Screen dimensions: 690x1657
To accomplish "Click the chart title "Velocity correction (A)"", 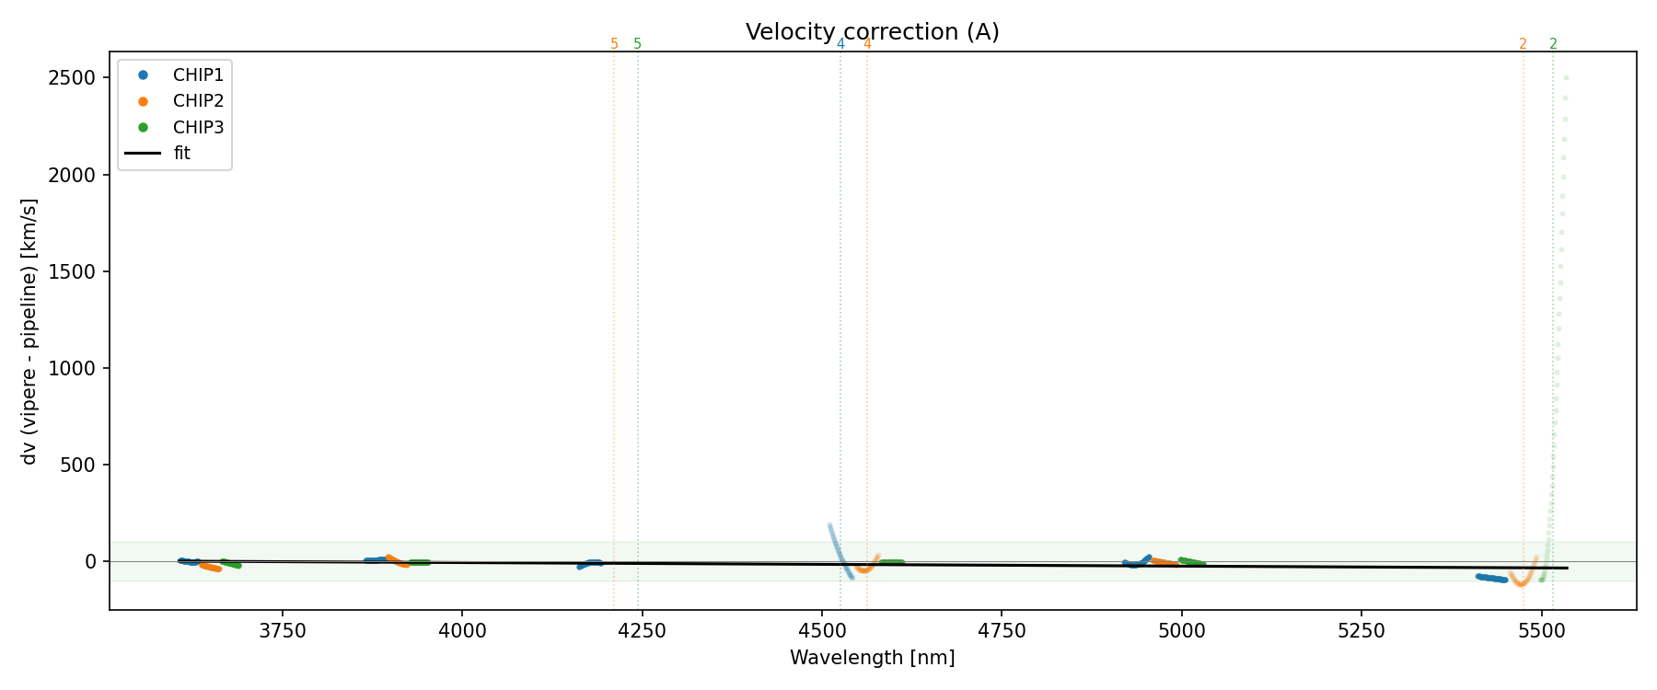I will (x=872, y=32).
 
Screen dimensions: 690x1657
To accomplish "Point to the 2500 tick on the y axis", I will (x=72, y=78).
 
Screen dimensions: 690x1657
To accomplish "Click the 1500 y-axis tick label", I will (x=72, y=271).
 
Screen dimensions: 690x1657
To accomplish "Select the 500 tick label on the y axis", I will (x=77, y=465).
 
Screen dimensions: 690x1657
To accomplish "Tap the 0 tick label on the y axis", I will (x=90, y=561).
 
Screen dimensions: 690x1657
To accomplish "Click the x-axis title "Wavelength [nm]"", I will (x=872, y=658).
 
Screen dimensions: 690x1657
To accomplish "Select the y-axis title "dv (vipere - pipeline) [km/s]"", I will (x=29, y=331).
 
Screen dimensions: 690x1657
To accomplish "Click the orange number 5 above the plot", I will (x=614, y=44).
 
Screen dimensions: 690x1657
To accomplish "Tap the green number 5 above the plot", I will (x=637, y=44).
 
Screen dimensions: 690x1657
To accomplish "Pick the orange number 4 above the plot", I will (x=867, y=44).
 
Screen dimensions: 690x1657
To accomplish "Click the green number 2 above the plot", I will (x=1553, y=44).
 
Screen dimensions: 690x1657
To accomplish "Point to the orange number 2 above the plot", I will (x=1523, y=44).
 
